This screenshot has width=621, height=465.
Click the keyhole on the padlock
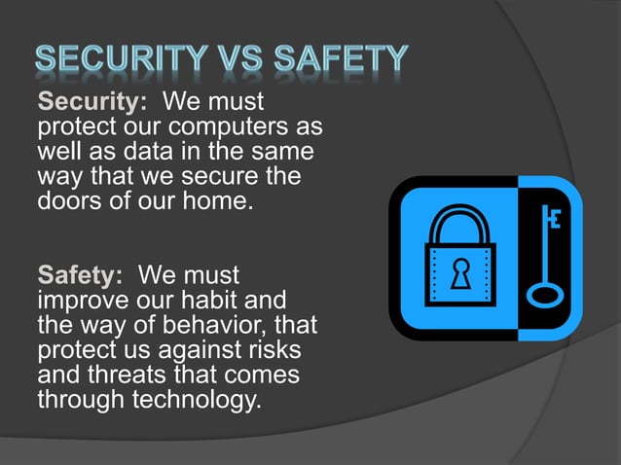click(x=457, y=274)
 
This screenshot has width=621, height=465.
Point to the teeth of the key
click(x=556, y=220)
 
